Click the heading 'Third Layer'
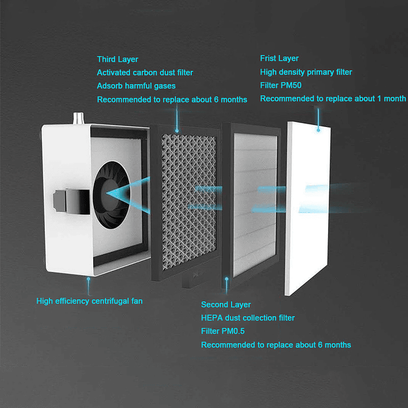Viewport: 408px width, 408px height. click(x=117, y=60)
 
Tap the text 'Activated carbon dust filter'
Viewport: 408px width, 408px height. click(x=145, y=73)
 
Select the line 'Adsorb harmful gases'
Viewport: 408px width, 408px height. click(x=136, y=86)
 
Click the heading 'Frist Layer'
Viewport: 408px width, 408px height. click(x=279, y=58)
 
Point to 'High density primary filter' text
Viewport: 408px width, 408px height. click(x=306, y=72)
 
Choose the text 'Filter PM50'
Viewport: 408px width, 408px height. click(x=281, y=85)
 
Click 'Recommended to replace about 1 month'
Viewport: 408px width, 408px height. click(x=333, y=99)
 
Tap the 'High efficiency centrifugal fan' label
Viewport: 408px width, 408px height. click(x=89, y=301)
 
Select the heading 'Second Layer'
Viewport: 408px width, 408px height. click(x=226, y=305)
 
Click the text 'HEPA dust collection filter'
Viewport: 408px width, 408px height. click(x=248, y=318)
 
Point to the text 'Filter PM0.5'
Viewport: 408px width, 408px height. click(x=223, y=331)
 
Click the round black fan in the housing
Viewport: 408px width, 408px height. click(x=112, y=195)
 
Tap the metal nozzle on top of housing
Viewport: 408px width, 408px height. click(x=78, y=119)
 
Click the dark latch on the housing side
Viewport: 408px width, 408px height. click(x=71, y=201)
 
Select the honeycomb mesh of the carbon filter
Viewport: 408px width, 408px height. click(x=188, y=201)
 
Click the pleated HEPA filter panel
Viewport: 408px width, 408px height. click(x=254, y=204)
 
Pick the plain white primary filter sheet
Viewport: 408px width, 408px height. click(x=308, y=208)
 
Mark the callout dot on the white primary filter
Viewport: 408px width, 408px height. click(x=318, y=130)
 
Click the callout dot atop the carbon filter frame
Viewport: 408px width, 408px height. click(x=177, y=131)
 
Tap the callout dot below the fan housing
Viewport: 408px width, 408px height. click(x=89, y=279)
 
